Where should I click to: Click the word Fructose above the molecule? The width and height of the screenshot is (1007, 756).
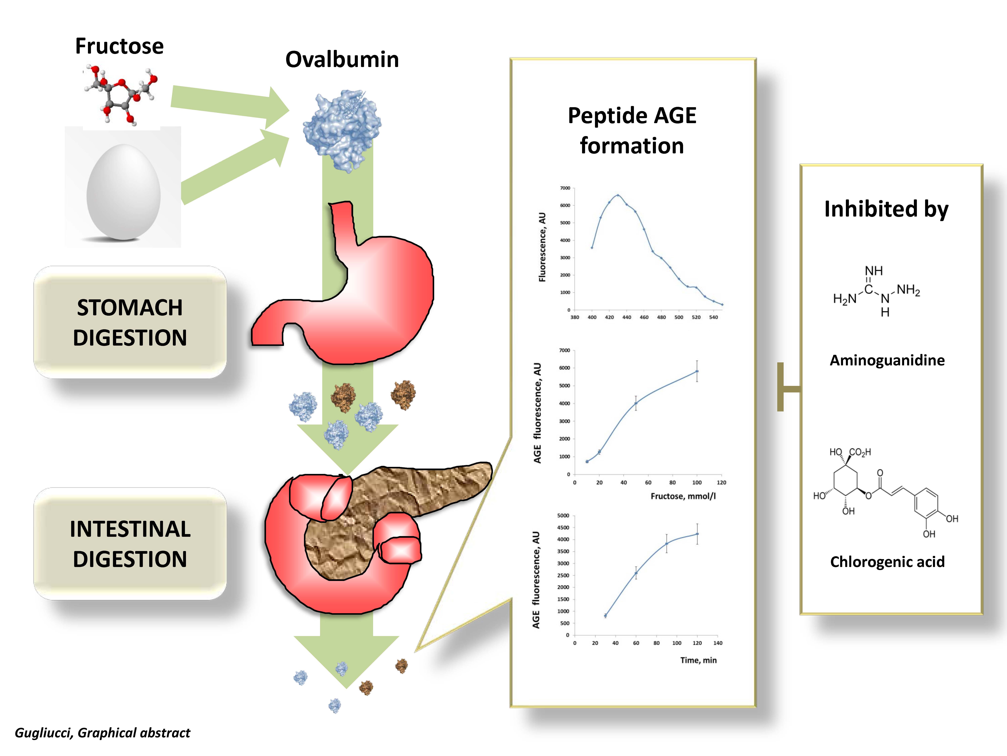(119, 46)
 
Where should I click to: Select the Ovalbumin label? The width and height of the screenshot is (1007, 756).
(342, 60)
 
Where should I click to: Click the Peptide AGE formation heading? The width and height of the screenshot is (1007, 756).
(632, 130)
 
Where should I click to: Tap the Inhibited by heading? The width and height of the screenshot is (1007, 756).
(886, 209)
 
